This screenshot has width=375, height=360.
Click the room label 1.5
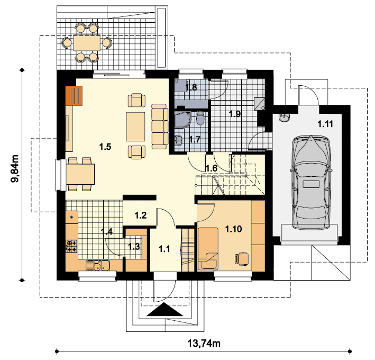105,147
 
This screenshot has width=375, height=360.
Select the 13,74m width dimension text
204,344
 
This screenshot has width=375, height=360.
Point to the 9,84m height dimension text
15,168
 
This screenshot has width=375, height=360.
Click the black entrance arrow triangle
165,310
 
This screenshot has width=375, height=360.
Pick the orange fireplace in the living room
74,95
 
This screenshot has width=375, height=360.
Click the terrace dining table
87,43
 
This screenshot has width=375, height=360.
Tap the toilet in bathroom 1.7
200,118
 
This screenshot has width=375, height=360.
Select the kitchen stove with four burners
71,247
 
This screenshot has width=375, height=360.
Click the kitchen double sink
97,265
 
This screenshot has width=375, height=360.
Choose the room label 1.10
233,229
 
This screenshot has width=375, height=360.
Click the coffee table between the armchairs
135,127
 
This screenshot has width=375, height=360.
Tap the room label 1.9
235,114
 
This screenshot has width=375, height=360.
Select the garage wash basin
284,118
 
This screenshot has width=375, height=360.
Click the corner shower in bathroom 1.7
182,119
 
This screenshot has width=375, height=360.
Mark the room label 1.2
141,215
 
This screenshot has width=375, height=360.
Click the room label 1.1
164,249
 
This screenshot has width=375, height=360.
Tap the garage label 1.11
325,124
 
